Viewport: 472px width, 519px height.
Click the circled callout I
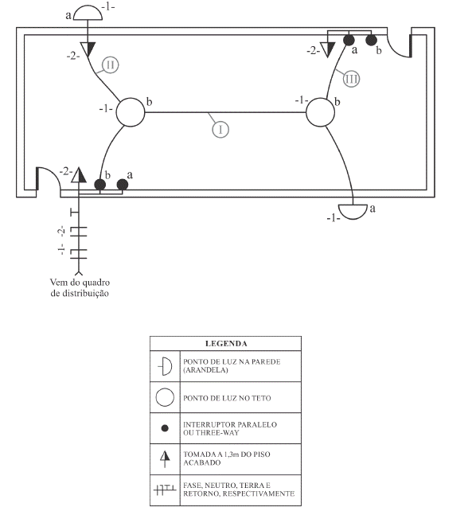pyautogui.click(x=220, y=130)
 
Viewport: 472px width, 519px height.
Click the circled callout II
pyautogui.click(x=110, y=65)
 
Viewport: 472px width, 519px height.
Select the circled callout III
pyautogui.click(x=351, y=79)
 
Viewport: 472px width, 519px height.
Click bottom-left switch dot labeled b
pyautogui.click(x=100, y=185)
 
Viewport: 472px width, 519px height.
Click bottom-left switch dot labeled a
pyautogui.click(x=123, y=185)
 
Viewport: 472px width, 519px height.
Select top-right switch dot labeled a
pyautogui.click(x=349, y=40)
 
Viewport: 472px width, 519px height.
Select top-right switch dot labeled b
pyautogui.click(x=372, y=40)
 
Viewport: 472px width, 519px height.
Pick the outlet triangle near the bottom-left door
pyautogui.click(x=79, y=175)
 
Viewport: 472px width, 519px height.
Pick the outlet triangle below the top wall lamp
pyautogui.click(x=88, y=49)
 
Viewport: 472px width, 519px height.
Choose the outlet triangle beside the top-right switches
pyautogui.click(x=328, y=49)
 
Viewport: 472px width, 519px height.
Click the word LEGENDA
pyautogui.click(x=226, y=344)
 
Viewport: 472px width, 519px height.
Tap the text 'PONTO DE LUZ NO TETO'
pyautogui.click(x=227, y=398)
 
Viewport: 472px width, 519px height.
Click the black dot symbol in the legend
pyautogui.click(x=165, y=428)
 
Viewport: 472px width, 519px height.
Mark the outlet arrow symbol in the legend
pyautogui.click(x=165, y=459)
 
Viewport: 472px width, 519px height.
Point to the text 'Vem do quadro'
pyautogui.click(x=80, y=283)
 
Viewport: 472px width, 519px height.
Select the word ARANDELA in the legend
pyautogui.click(x=206, y=370)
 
